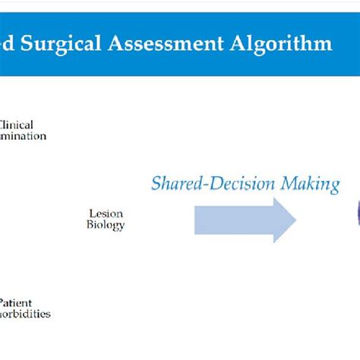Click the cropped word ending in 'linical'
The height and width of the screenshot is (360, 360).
[17, 125]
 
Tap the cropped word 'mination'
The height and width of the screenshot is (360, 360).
[23, 136]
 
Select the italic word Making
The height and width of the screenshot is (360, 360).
[313, 184]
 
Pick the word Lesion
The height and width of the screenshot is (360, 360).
[106, 214]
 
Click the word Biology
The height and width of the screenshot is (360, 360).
[106, 225]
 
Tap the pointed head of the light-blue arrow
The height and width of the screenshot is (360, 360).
[283, 219]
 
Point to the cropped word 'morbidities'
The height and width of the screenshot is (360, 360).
[25, 313]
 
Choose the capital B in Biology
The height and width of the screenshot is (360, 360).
[91, 225]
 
